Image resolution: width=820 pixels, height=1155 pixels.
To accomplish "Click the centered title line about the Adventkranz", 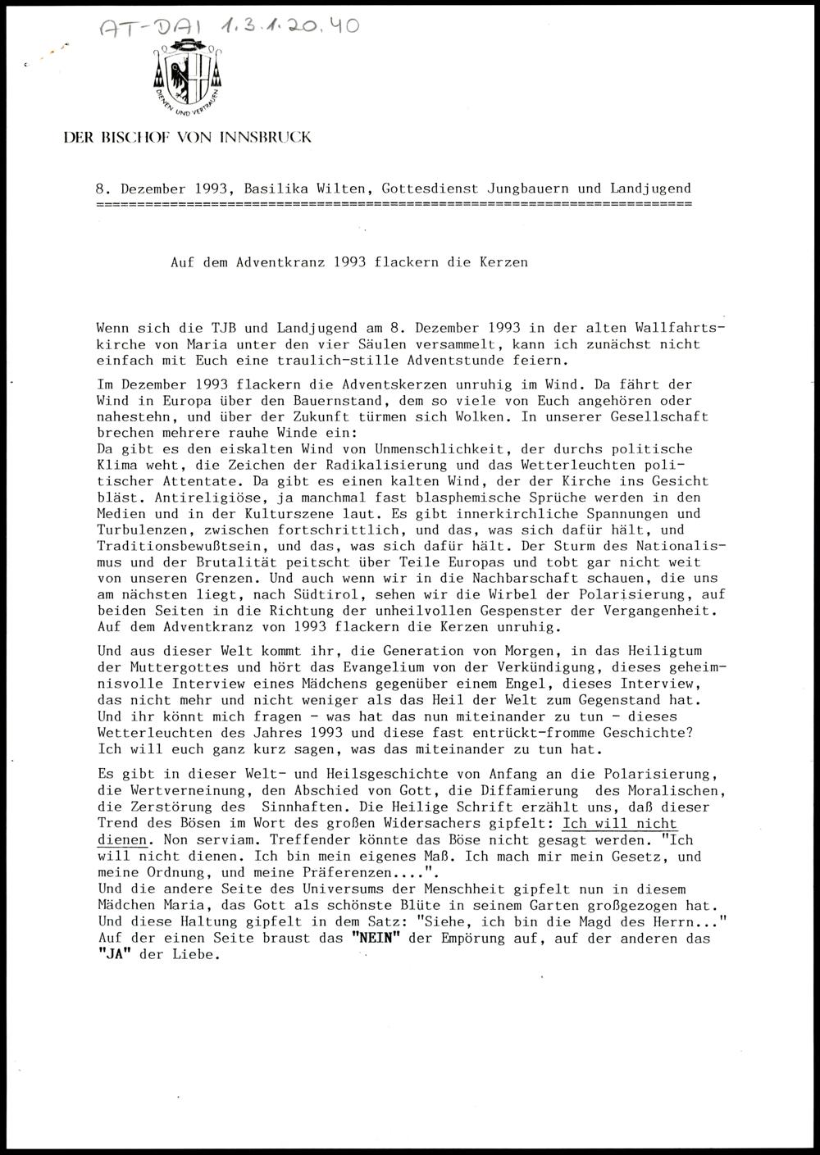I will pyautogui.click(x=348, y=263).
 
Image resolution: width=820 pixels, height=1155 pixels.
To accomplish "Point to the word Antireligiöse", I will pyautogui.click(x=149, y=498).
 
